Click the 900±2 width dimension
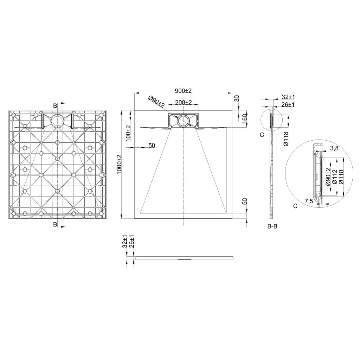pyautogui.click(x=183, y=91)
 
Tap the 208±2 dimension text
pyautogui.click(x=183, y=102)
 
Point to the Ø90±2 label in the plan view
pyautogui.click(x=156, y=102)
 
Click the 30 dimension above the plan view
pyautogui.click(x=237, y=98)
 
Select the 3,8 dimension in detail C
pyautogui.click(x=334, y=148)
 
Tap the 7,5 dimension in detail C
pyautogui.click(x=309, y=201)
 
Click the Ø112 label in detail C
pyautogui.click(x=335, y=177)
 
